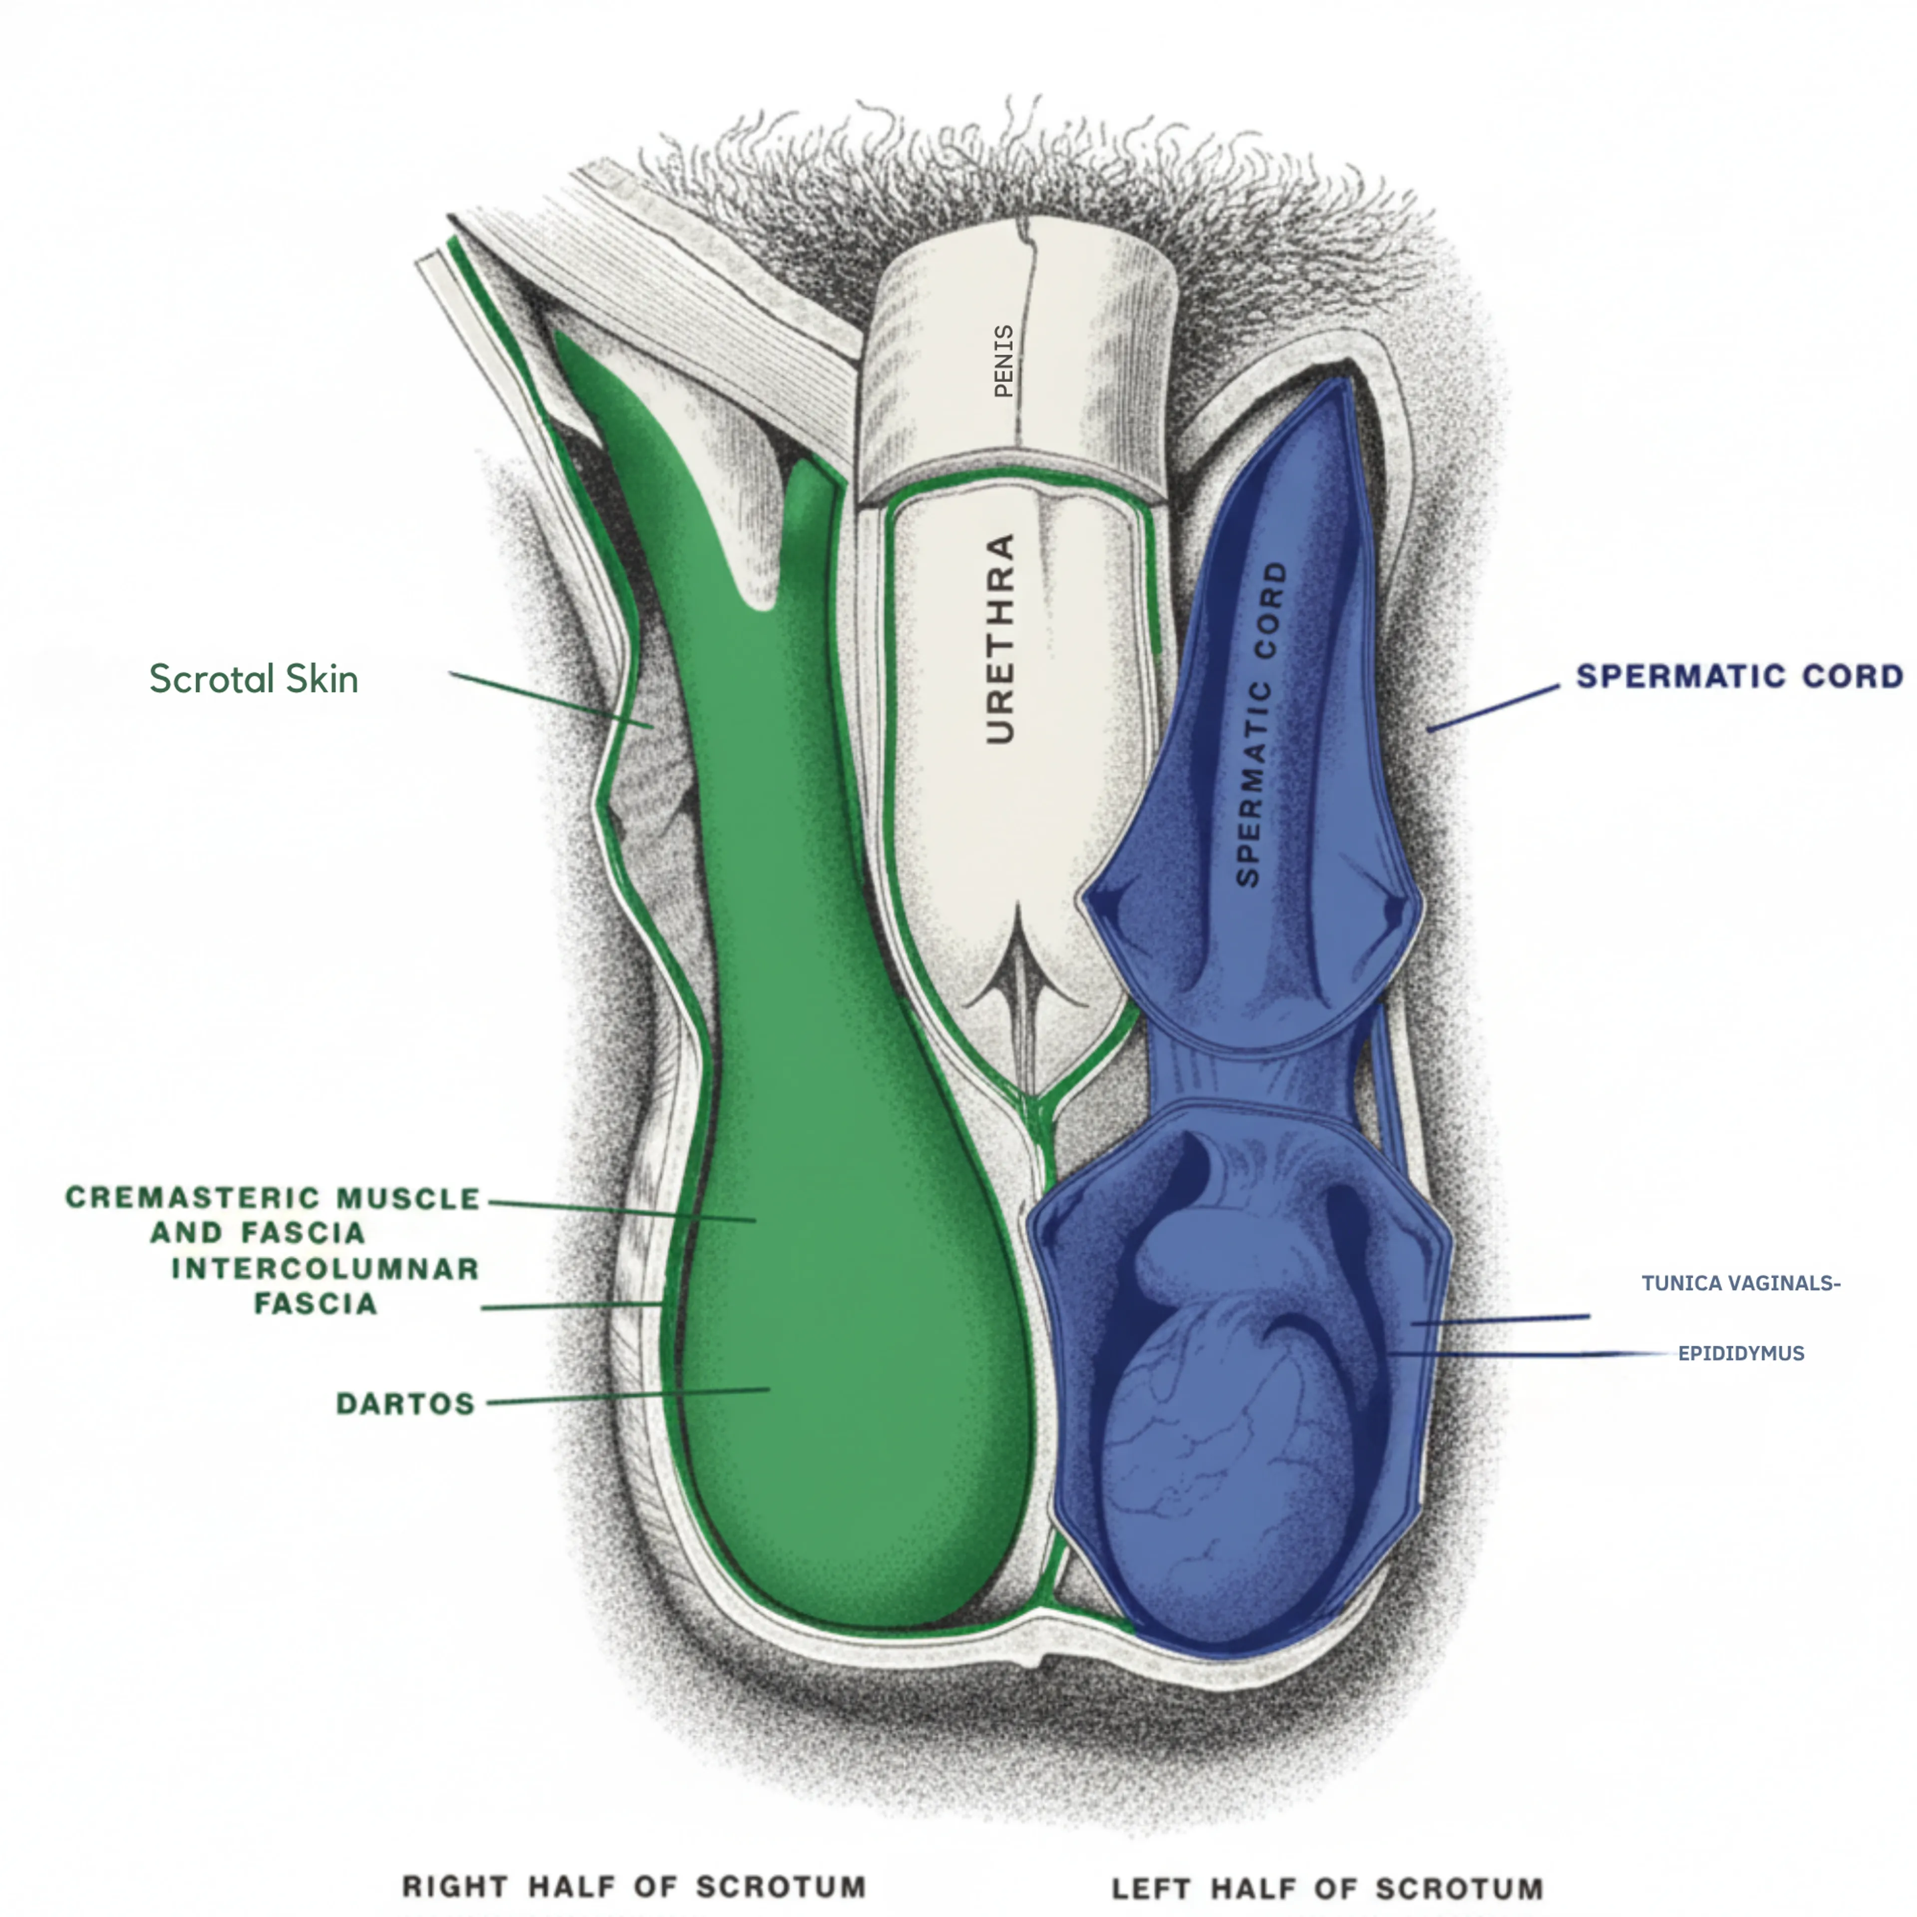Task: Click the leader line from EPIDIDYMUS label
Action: click(x=1528, y=1353)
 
